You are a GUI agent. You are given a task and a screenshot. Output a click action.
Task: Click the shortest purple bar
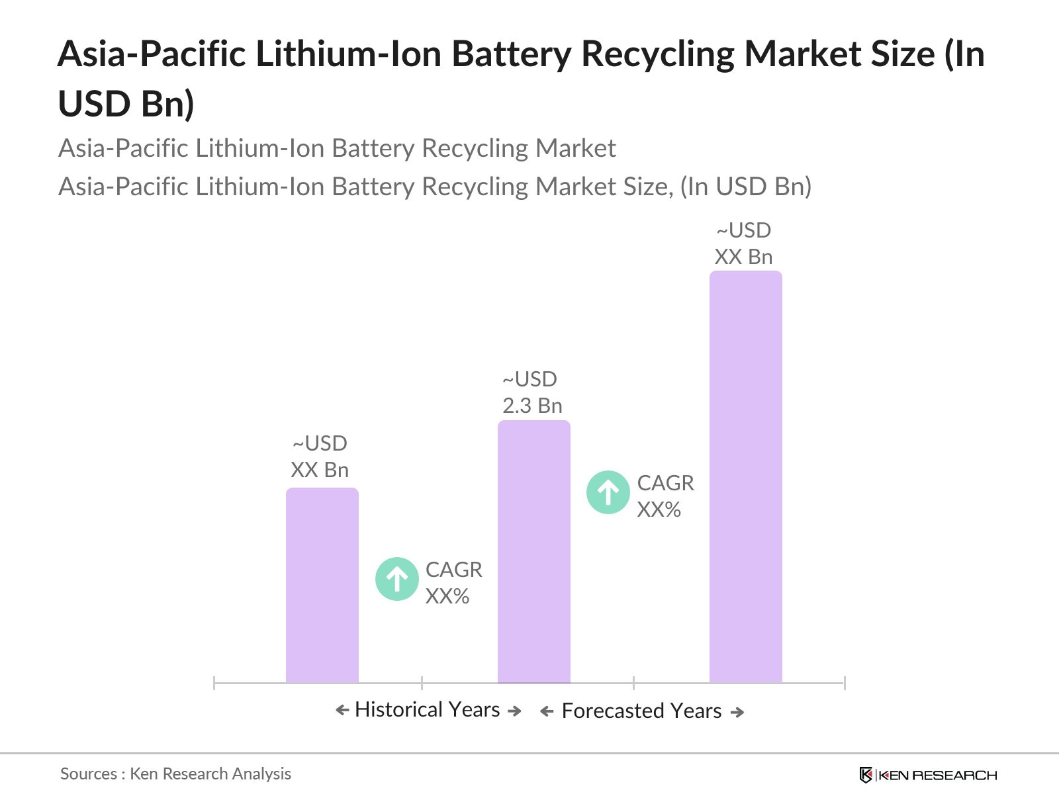(322, 586)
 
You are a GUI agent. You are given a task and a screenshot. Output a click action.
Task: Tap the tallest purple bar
(746, 476)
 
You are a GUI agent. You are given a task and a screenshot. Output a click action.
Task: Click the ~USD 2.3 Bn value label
(531, 392)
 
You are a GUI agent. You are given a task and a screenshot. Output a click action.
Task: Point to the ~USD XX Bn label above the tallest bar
(744, 243)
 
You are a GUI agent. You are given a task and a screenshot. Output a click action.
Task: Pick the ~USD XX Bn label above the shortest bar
(320, 457)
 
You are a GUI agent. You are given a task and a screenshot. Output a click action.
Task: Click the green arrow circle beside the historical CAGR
(397, 580)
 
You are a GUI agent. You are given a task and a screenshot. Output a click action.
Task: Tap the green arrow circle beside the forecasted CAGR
(608, 492)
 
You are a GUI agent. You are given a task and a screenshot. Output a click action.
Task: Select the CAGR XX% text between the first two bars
(453, 583)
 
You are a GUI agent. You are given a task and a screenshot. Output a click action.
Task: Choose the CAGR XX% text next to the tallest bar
(665, 496)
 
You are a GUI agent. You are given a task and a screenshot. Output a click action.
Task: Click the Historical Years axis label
(428, 710)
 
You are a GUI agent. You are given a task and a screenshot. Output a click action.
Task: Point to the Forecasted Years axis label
(641, 711)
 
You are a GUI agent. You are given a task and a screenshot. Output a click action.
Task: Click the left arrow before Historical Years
(342, 711)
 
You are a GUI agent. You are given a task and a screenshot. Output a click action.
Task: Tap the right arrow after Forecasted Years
(737, 713)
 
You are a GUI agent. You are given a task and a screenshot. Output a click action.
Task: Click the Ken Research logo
(928, 775)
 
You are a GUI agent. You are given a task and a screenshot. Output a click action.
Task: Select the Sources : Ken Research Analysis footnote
(175, 773)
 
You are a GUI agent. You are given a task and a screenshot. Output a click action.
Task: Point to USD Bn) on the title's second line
(126, 104)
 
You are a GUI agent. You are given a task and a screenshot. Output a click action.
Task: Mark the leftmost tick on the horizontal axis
(214, 683)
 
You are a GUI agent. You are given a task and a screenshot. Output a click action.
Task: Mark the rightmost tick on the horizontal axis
(845, 683)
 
